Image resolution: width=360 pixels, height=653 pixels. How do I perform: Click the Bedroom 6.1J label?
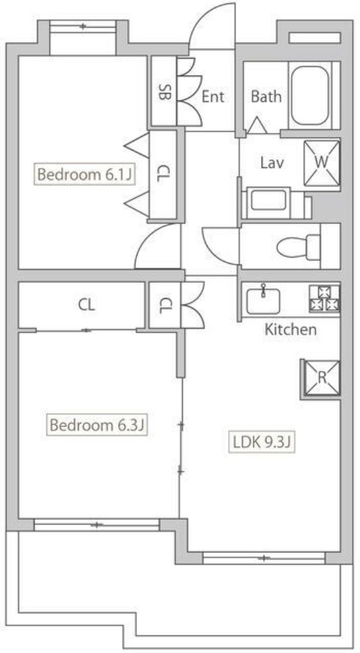click(x=83, y=175)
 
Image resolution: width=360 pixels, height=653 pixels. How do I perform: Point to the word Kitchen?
click(x=290, y=330)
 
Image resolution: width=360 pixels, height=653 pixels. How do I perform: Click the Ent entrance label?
click(x=212, y=96)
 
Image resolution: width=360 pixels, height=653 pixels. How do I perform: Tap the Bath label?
click(x=266, y=96)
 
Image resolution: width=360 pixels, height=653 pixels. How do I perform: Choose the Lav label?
click(x=271, y=163)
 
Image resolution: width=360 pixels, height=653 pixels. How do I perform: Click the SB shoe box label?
click(x=163, y=92)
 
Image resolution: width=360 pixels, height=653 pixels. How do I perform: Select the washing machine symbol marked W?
click(x=321, y=163)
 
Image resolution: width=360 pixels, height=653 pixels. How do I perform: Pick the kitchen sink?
click(x=263, y=299)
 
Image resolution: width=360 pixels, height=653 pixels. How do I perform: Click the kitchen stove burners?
click(x=325, y=298)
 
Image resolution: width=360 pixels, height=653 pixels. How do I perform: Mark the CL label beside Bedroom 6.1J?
click(x=163, y=174)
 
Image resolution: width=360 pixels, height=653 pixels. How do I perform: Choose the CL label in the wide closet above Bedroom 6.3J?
click(x=86, y=304)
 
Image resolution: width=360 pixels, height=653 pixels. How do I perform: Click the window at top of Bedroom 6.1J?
click(x=84, y=27)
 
